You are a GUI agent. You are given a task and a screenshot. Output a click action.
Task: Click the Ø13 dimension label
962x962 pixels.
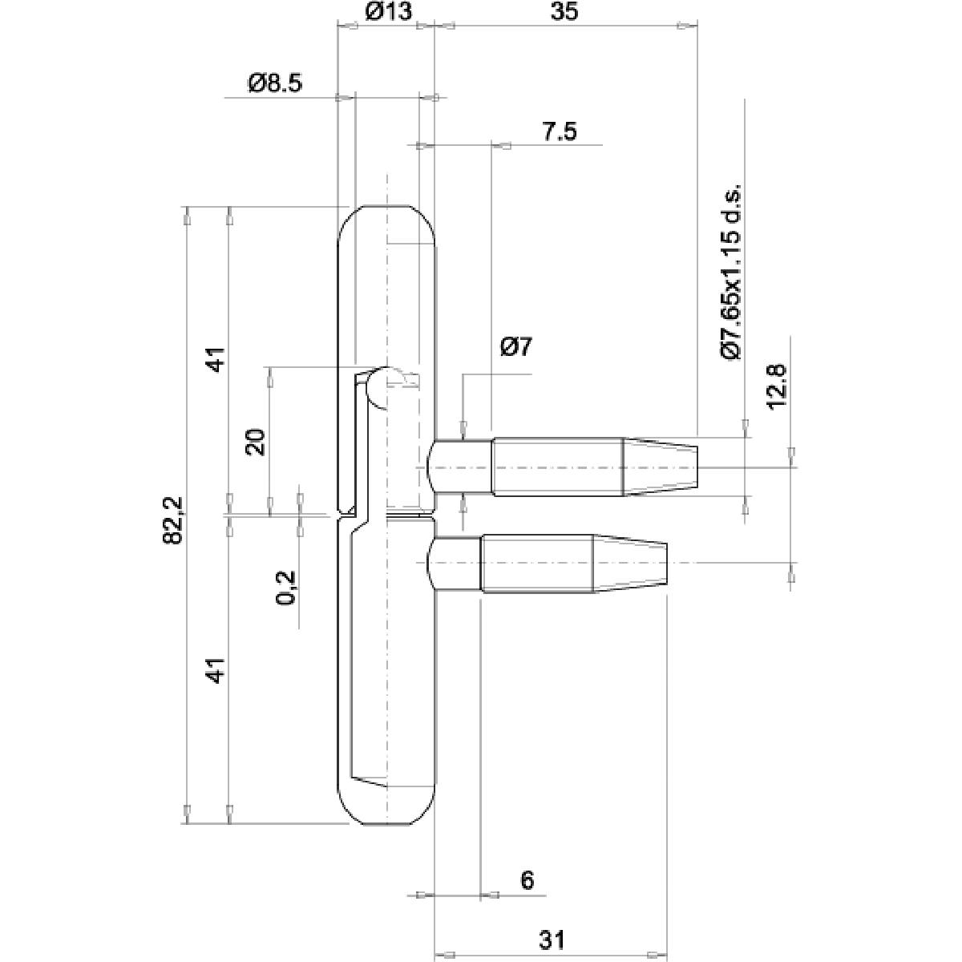tap(388, 12)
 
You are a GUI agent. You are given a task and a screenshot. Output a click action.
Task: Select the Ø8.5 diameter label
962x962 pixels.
tap(275, 83)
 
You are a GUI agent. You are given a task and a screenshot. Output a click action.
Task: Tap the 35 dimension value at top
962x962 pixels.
tap(564, 12)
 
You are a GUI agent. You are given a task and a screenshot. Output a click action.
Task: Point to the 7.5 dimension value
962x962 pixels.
tap(559, 131)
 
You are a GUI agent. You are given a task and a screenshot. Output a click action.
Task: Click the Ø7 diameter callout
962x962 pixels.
tap(515, 348)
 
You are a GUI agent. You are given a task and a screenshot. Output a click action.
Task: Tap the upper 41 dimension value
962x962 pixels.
tap(215, 359)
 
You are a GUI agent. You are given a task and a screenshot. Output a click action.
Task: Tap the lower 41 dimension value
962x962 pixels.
tap(215, 670)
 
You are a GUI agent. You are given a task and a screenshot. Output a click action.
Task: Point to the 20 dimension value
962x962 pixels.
tap(256, 442)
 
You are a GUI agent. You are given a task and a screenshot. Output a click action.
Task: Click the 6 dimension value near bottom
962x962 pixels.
tap(527, 880)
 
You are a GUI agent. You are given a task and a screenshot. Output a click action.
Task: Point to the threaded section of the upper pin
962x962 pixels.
tap(557, 467)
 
